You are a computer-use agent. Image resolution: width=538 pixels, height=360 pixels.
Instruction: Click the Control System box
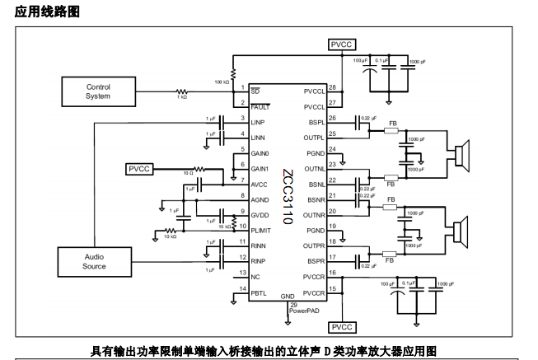[x=98, y=91]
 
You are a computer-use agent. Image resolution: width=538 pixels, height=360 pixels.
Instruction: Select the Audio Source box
[x=95, y=261]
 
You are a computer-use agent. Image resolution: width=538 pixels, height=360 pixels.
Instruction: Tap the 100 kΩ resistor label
[x=221, y=82]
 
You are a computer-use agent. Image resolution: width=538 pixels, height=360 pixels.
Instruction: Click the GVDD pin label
[x=261, y=215]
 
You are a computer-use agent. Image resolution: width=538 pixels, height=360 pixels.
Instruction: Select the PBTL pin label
[x=260, y=292]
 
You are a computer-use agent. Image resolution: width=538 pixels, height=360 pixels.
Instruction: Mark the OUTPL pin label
[x=314, y=138]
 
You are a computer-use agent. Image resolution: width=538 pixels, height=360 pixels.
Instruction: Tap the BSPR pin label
[x=313, y=261]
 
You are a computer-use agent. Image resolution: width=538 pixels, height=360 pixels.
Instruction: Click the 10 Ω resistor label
[x=187, y=173]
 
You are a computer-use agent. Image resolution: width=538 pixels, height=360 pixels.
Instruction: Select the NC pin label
[x=256, y=277]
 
